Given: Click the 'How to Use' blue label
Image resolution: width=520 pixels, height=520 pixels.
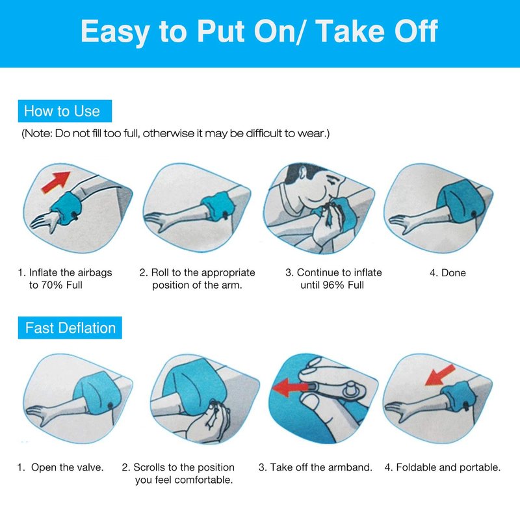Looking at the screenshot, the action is (64, 110).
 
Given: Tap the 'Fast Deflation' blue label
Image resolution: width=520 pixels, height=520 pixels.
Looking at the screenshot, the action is (70, 328).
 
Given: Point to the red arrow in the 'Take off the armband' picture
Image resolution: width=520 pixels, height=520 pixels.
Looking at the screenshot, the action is (289, 387).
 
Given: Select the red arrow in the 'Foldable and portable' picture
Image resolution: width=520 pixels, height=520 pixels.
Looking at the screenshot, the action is (440, 375).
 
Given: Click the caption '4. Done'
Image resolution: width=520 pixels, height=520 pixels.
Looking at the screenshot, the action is (448, 273).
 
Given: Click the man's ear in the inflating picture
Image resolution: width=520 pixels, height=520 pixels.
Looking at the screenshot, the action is (302, 173).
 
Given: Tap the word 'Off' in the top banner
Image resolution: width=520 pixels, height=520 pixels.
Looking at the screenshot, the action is (416, 31).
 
